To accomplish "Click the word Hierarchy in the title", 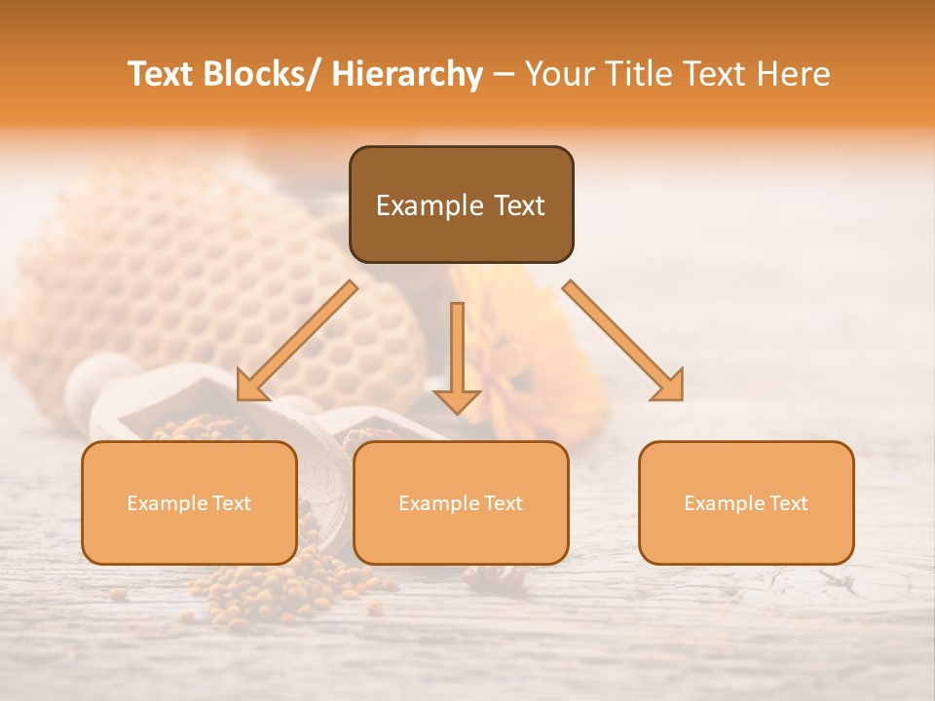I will (407, 74).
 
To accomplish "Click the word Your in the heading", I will (556, 74).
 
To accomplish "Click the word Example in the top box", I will (416, 205).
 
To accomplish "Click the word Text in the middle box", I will (501, 503).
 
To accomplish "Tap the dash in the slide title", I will (504, 75).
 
